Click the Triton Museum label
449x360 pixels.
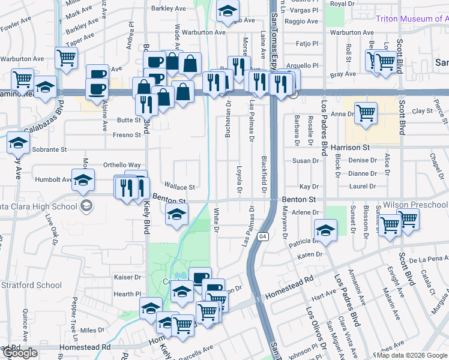[x=412, y=19]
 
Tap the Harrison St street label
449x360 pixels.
[x=348, y=147]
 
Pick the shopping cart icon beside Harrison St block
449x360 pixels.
[x=365, y=112]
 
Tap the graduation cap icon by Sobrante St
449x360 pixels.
[x=18, y=143]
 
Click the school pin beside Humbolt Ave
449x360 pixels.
[x=83, y=178]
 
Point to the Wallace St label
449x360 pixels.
[x=181, y=187]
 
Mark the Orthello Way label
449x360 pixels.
[x=122, y=165]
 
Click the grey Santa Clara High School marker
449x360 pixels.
[x=87, y=206]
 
